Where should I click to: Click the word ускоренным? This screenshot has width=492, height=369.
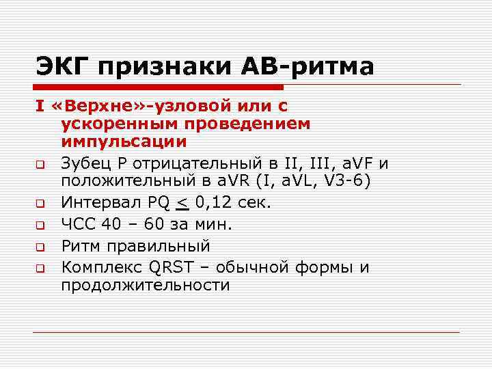[128, 124]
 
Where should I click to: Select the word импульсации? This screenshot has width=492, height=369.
[123, 141]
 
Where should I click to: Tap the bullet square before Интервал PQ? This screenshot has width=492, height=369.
[41, 203]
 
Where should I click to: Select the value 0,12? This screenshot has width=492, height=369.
[211, 202]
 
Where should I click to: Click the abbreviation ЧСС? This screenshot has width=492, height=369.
[77, 224]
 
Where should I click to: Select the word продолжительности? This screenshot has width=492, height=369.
[146, 285]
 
